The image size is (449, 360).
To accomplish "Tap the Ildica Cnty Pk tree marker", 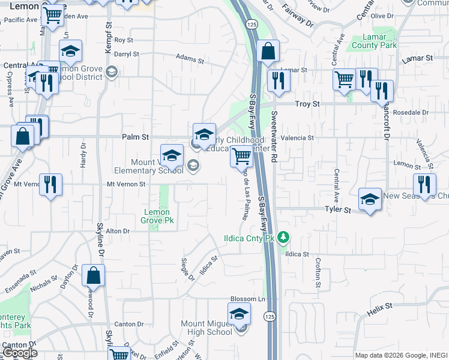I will (x=285, y=238).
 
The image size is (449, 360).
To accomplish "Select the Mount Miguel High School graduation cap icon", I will (x=239, y=314).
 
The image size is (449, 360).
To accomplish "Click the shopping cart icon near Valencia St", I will (x=241, y=156).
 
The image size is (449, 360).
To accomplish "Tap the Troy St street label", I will (x=307, y=104).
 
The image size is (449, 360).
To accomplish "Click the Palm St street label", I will (x=135, y=137).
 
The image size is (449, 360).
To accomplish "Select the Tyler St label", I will (x=337, y=210).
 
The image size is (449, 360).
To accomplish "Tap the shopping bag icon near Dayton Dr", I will (x=94, y=275).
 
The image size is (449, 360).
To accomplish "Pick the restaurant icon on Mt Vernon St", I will (x=50, y=184).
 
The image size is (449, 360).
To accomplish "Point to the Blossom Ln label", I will (x=248, y=299).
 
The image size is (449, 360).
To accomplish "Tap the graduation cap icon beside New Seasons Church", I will (x=370, y=199).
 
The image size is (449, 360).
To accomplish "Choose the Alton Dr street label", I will (x=118, y=231).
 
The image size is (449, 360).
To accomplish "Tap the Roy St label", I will (x=123, y=40).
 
